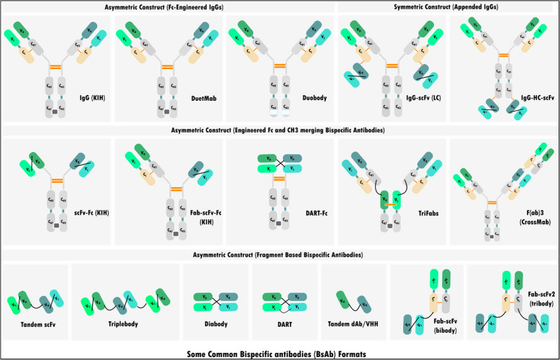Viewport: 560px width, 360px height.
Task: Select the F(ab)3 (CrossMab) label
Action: click(x=524, y=218)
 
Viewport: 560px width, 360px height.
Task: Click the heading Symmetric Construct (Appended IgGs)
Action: click(x=447, y=6)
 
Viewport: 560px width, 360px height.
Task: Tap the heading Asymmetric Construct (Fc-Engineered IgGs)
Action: click(x=169, y=6)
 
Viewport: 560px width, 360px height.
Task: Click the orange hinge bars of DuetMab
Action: click(x=167, y=66)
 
